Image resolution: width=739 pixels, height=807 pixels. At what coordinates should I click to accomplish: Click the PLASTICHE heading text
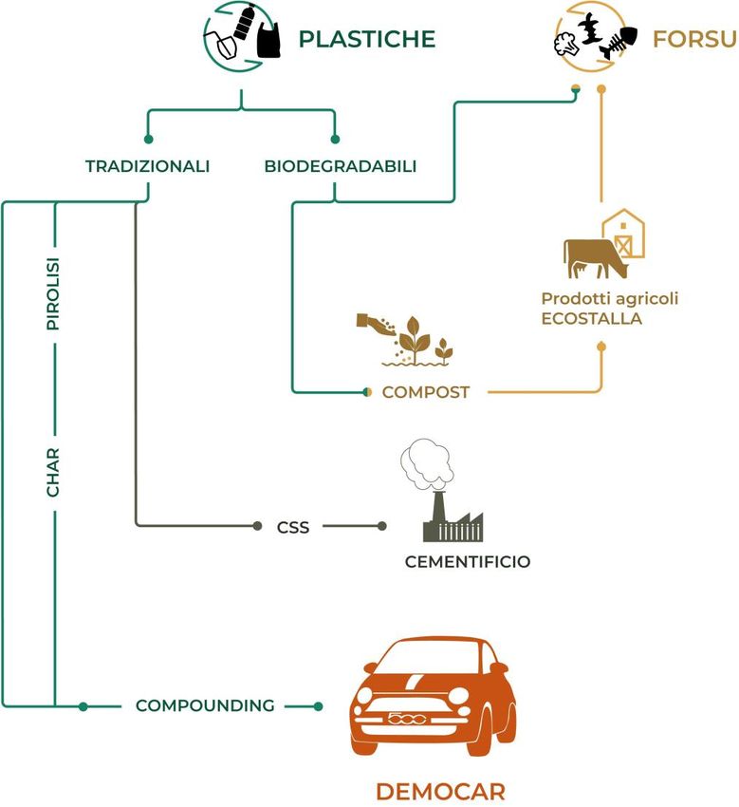(x=367, y=39)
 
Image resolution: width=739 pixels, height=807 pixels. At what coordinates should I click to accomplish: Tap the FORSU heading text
(x=694, y=39)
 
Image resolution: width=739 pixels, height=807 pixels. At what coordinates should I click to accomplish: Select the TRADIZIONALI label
(x=147, y=166)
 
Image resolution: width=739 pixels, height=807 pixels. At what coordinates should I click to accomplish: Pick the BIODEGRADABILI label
(x=340, y=166)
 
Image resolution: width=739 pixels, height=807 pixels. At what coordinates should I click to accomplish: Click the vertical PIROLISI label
(x=54, y=301)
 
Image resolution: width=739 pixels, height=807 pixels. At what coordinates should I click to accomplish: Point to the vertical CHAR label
(x=54, y=472)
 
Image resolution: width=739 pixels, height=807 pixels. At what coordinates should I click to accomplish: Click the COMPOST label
(x=426, y=392)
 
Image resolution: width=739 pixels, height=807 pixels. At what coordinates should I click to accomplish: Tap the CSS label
(x=293, y=526)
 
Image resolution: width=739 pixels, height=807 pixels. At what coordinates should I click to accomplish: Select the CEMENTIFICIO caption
(x=468, y=562)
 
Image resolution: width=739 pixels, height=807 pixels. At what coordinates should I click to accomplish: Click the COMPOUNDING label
(x=205, y=705)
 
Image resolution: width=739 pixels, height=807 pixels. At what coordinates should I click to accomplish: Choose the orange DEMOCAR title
(x=440, y=791)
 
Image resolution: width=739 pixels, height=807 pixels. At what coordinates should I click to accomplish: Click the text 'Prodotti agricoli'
(x=610, y=298)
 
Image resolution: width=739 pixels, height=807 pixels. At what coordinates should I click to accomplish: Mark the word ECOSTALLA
(x=591, y=318)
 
